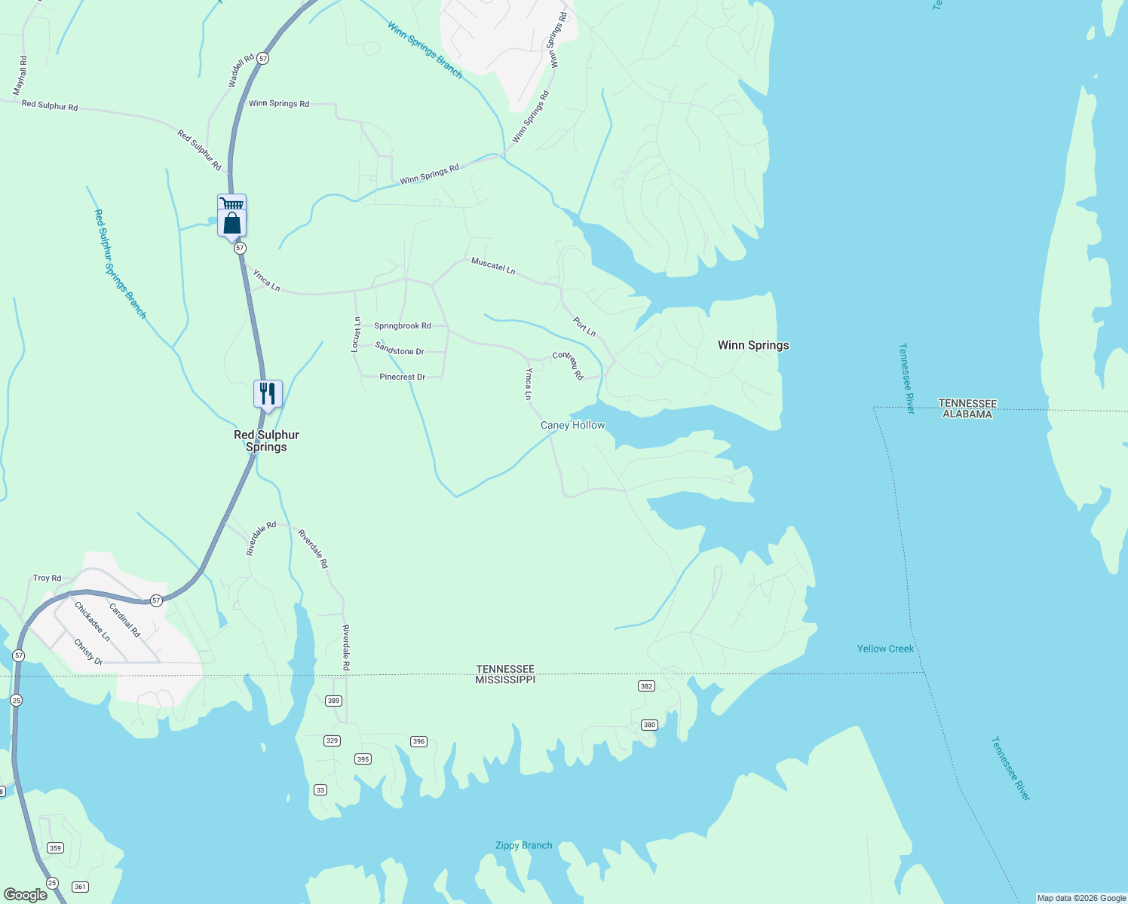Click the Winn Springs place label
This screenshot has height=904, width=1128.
point(753,345)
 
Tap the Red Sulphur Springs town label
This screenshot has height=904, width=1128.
point(266,441)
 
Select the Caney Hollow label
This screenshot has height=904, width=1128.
point(572,425)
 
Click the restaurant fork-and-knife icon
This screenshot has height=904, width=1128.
point(268,393)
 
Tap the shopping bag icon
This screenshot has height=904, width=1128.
point(232,223)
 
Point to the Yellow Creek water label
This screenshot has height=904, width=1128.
point(885,649)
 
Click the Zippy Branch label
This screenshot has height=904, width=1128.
point(523,845)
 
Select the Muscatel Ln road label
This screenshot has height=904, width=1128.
point(493,265)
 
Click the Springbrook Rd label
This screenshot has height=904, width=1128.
point(403,326)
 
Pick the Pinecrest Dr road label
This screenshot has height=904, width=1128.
point(403,377)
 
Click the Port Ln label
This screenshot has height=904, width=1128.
point(584,327)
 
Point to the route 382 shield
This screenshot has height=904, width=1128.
point(646,686)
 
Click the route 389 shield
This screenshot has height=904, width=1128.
point(334,701)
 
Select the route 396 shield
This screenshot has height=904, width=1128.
point(418,741)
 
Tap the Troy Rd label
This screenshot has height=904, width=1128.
point(47,579)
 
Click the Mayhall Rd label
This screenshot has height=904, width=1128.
point(20,76)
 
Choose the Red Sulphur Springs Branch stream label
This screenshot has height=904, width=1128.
point(120,264)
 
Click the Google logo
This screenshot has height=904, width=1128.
point(25,895)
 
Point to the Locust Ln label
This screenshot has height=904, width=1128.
point(357,334)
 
